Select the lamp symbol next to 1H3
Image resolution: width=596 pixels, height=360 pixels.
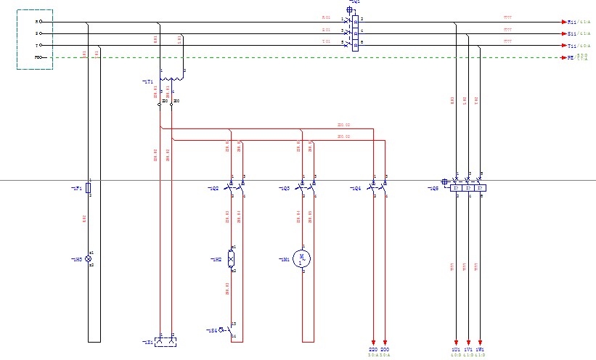click(x=89, y=259)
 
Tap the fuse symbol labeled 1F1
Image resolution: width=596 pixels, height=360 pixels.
click(x=89, y=188)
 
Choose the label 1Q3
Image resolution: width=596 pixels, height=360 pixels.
click(x=285, y=188)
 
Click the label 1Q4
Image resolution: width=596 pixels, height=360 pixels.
click(x=356, y=188)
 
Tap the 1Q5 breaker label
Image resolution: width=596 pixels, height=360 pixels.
click(x=433, y=188)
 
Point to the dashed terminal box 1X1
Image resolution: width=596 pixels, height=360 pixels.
click(x=166, y=340)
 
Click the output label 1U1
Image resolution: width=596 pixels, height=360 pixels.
click(x=455, y=350)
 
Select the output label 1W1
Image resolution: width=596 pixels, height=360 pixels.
click(x=481, y=350)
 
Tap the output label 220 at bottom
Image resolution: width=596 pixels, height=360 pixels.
click(x=373, y=350)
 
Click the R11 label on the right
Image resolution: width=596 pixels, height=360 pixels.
click(x=572, y=22)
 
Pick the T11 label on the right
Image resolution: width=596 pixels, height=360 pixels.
click(x=572, y=45)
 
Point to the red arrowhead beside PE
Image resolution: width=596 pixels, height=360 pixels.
click(x=563, y=57)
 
